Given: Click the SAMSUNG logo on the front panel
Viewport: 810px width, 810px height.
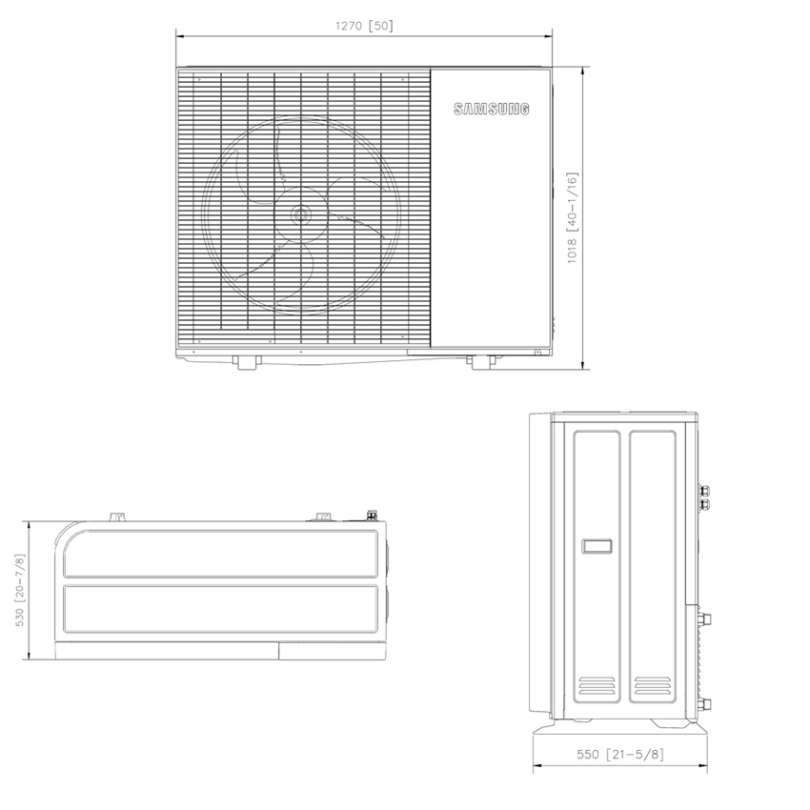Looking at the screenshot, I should point(491,110).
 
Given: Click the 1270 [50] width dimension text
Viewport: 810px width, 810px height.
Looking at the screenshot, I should point(363,26).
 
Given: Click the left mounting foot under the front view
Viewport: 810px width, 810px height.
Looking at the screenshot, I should point(248,362).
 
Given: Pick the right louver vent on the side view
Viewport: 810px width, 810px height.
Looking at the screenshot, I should point(652,686).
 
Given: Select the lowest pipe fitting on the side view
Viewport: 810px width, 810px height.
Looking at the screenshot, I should point(706,706).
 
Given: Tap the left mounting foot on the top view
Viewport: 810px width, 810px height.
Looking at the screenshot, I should point(117,517).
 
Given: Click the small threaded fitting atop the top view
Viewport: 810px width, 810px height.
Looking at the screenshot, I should point(371,516).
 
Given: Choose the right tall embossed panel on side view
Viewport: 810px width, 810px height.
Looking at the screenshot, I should point(653,572).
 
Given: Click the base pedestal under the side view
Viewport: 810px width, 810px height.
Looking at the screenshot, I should point(620,731).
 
